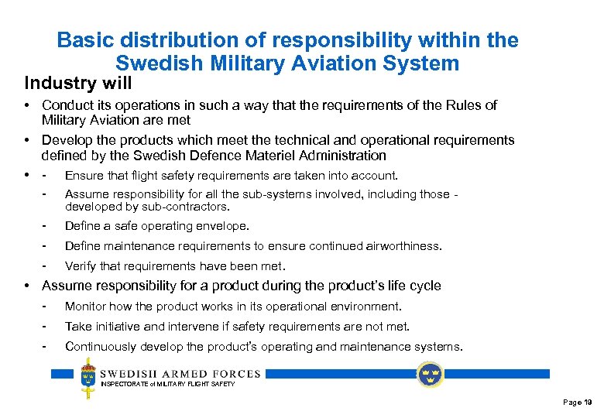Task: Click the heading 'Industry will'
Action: point(78,82)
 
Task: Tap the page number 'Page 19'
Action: point(577,403)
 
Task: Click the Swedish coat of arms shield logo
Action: point(89,378)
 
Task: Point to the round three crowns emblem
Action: point(430,374)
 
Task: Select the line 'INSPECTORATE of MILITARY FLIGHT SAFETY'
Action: point(168,384)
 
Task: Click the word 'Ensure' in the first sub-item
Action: point(83,176)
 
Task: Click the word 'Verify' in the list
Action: point(81,266)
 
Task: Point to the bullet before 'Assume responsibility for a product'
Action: point(27,286)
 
